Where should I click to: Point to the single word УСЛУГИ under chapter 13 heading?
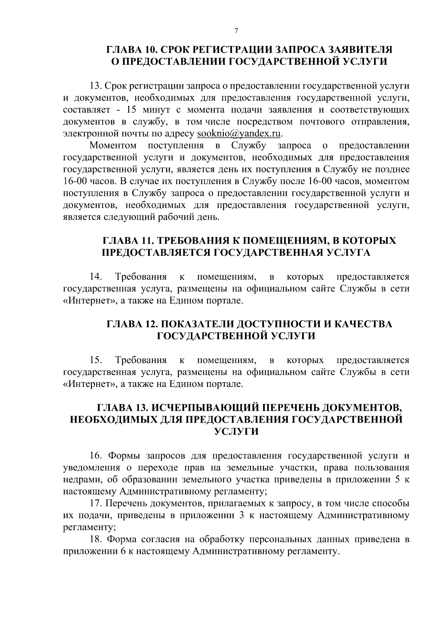236,432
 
